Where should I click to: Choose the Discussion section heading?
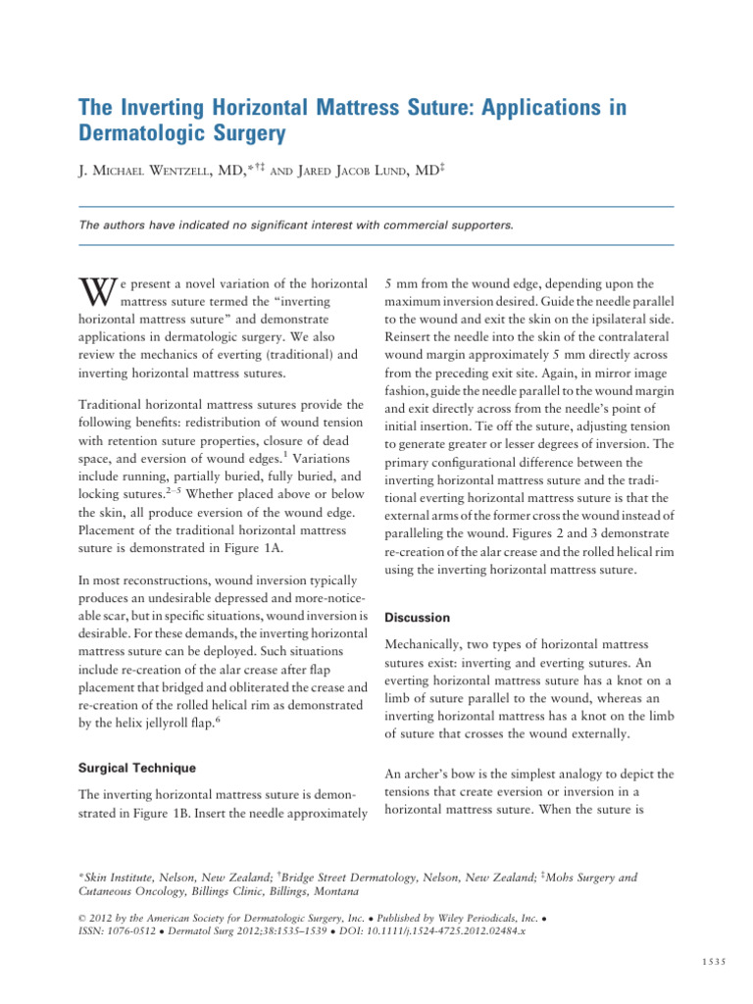418,618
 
